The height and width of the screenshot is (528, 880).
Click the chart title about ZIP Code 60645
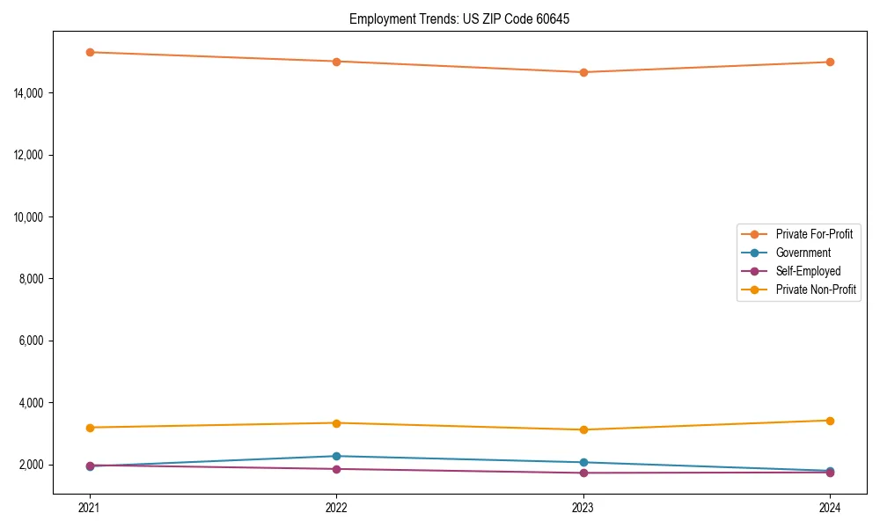tap(459, 18)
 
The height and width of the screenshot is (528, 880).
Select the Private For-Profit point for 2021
tap(89, 52)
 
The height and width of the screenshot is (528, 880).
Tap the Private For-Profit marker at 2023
tap(583, 72)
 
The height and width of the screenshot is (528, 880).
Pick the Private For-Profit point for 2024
tap(830, 62)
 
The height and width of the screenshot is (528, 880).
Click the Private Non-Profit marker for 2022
tap(336, 423)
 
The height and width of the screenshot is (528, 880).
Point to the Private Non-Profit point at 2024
tap(830, 421)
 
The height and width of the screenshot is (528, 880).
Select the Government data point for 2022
tap(336, 456)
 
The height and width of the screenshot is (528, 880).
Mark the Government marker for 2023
tap(583, 462)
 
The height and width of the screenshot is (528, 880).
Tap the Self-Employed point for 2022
tap(336, 469)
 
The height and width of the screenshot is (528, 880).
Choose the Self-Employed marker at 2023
tap(583, 473)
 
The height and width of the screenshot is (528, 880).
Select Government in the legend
tap(803, 253)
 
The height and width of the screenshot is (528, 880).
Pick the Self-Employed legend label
tap(808, 271)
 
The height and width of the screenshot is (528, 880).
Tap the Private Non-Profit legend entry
tap(816, 290)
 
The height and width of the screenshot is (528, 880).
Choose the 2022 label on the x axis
tap(336, 508)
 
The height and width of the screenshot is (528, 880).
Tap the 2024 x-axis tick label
tap(830, 508)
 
